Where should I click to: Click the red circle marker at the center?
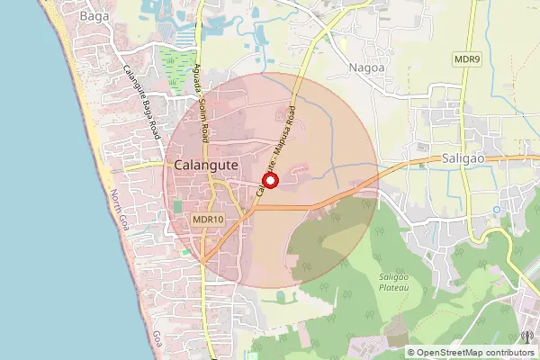coord(271,180)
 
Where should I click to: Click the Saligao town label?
coord(465,157)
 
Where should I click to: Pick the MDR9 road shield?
coord(467,58)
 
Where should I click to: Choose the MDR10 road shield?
coord(208,219)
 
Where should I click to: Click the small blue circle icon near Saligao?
coord(496,209)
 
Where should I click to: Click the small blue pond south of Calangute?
coord(281,294)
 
